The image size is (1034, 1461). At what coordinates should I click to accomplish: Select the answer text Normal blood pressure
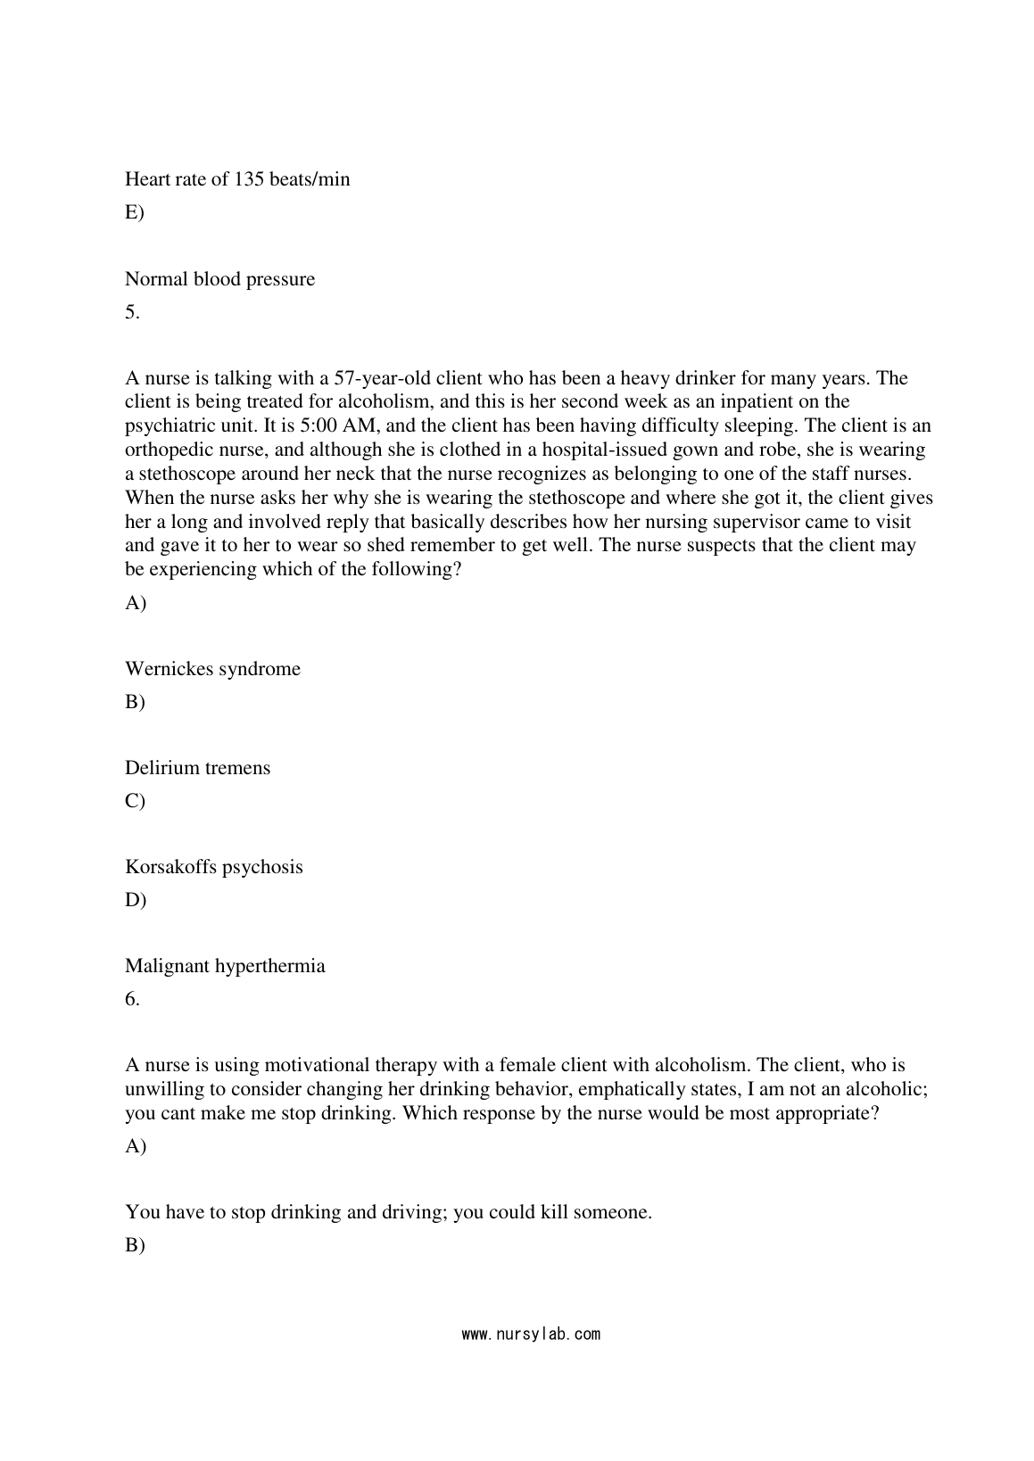(219, 279)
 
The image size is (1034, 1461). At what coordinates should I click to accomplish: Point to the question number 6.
(132, 999)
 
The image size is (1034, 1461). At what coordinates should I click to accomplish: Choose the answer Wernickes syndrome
(212, 669)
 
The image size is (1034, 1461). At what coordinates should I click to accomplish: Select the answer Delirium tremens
(197, 768)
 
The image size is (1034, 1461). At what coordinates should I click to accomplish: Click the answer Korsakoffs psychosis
(213, 867)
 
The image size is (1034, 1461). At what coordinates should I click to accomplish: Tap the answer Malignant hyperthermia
(225, 966)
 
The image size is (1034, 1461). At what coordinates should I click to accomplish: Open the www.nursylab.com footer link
(531, 1334)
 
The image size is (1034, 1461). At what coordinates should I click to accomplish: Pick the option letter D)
(135, 900)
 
